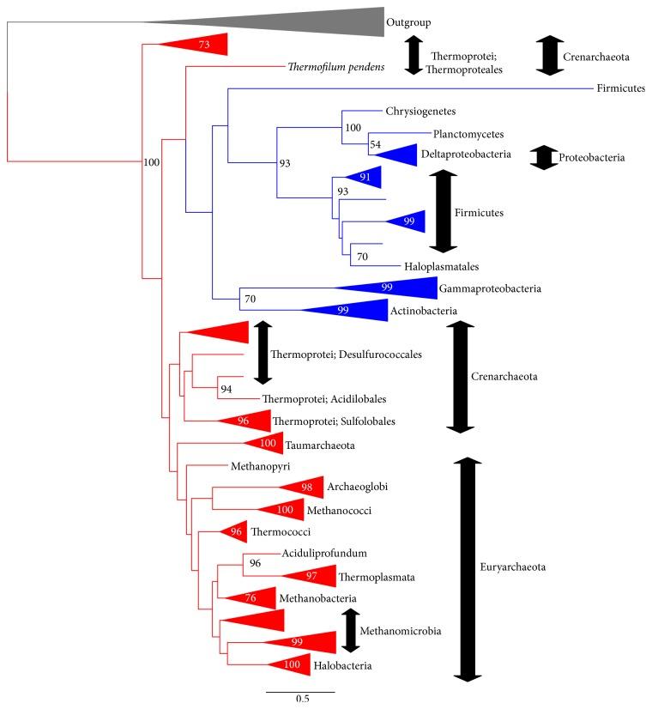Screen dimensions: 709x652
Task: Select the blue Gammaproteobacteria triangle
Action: (395, 290)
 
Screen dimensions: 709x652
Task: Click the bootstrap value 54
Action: (376, 146)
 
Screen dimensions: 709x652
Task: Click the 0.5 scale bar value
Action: (303, 700)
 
